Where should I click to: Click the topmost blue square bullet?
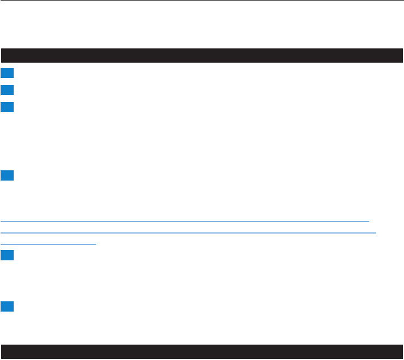[x=6, y=73]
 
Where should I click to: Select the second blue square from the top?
[x=6, y=89]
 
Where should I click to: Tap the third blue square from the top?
[x=6, y=107]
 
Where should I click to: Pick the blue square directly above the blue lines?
[x=6, y=175]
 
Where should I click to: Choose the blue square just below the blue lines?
[x=6, y=257]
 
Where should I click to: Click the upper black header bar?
[x=202, y=55]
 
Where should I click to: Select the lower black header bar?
[x=202, y=351]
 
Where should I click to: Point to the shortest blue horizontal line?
[x=48, y=244]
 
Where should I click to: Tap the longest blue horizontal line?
[x=188, y=233]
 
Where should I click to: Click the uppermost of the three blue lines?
[x=185, y=221]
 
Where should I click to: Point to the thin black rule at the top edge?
[x=202, y=1]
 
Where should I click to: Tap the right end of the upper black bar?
[x=401, y=55]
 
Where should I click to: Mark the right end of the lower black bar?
[x=401, y=351]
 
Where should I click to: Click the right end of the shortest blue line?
[x=96, y=244]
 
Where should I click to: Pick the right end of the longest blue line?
[x=376, y=233]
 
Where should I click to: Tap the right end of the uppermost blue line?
[x=369, y=221]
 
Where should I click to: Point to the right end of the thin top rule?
[x=402, y=1]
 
